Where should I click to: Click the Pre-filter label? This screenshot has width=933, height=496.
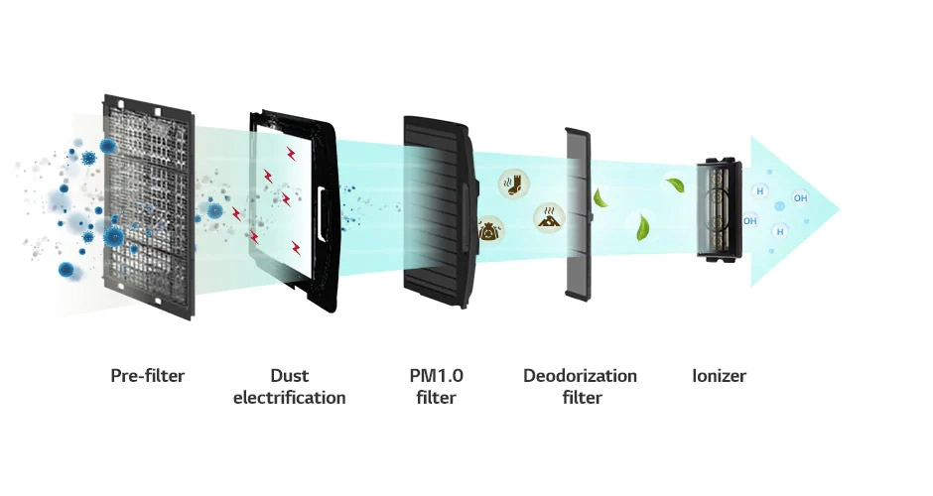point(148,376)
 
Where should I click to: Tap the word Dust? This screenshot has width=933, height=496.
point(289,376)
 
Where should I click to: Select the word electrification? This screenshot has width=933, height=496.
point(289,397)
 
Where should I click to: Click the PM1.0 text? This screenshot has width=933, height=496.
point(436,376)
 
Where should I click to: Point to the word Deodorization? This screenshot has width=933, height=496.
point(581,376)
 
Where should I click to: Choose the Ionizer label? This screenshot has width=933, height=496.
point(719,376)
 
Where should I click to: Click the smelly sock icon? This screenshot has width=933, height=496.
point(513,184)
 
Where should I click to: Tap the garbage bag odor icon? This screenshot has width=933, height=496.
point(491,229)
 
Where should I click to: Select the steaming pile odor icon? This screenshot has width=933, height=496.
point(549,217)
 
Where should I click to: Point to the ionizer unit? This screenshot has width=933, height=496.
point(720,209)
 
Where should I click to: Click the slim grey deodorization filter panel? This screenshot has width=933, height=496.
point(578,214)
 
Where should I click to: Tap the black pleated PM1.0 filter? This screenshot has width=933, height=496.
point(440,211)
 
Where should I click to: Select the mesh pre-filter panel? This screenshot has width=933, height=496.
point(149,206)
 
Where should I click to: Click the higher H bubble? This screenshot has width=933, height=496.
point(760,191)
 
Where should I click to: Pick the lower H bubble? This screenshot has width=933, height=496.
point(780,231)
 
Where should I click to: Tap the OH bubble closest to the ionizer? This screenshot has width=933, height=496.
point(749,220)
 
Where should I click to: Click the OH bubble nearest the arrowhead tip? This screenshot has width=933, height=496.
point(800,198)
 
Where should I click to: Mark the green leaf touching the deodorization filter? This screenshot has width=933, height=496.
point(600,197)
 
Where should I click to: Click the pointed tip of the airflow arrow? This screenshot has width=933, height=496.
point(840,209)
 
